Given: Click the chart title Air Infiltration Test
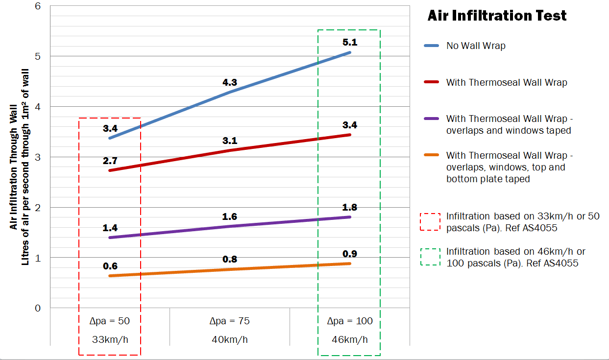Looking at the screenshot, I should click(x=497, y=16).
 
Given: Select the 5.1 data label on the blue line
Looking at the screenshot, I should click(x=350, y=43).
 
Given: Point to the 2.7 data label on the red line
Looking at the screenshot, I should click(x=110, y=161).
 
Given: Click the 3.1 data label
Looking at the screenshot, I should click(x=230, y=141).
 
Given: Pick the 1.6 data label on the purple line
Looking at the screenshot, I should click(x=230, y=216).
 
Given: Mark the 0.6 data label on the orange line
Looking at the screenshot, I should click(x=110, y=266).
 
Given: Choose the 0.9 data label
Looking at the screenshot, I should click(x=350, y=254).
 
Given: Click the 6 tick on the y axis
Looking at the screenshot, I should click(x=38, y=6).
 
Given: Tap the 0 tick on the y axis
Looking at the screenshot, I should click(x=38, y=308).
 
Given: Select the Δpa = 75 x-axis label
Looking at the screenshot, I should click(x=230, y=321).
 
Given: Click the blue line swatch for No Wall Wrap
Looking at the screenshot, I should click(x=430, y=46).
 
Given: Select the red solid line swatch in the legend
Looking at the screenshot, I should click(x=430, y=83).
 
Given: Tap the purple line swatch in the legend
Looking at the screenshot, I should click(x=430, y=119).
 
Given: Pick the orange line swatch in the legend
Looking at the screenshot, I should click(x=430, y=156).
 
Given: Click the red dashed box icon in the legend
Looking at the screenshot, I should click(x=430, y=222).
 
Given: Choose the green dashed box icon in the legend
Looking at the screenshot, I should click(x=430, y=257).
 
